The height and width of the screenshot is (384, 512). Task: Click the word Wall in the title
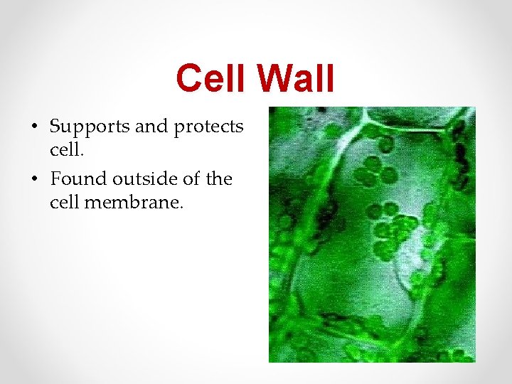(294, 78)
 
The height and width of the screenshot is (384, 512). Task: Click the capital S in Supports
(56, 127)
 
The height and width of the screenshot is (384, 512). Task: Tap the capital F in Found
(56, 178)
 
